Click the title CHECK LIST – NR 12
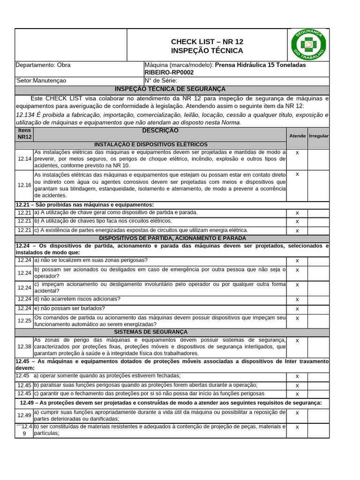(x=207, y=42)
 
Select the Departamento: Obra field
(x=43, y=65)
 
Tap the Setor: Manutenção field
(x=41, y=80)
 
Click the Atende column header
(x=297, y=135)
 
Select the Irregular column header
(x=319, y=135)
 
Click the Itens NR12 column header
(x=24, y=134)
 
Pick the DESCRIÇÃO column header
(x=160, y=130)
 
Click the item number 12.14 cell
(x=24, y=159)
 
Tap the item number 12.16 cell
(x=24, y=185)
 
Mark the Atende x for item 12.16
(x=297, y=174)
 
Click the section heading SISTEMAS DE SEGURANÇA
(x=150, y=331)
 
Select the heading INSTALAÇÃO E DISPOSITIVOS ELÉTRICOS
(x=150, y=144)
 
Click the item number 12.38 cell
(x=24, y=346)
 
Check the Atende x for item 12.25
(x=297, y=318)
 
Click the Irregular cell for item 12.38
(x=319, y=346)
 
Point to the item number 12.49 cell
(x=24, y=415)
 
